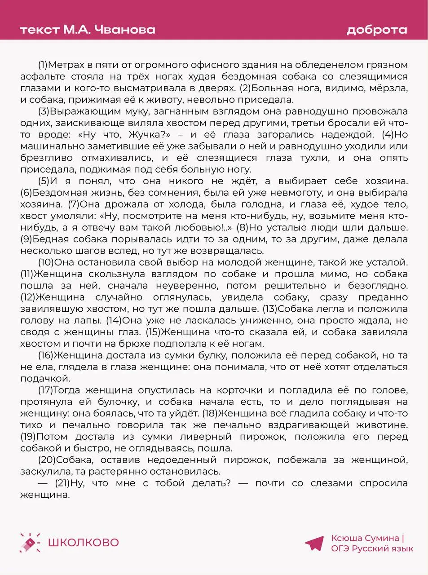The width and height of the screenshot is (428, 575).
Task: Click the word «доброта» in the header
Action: [377, 30]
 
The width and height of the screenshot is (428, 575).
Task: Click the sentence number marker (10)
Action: [46, 262]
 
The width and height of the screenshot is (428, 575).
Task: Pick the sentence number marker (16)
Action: [46, 355]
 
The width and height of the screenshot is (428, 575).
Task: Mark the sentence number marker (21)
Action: [63, 483]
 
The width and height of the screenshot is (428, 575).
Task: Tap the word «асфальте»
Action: [43, 76]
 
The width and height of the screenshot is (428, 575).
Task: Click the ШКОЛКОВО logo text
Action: [83, 542]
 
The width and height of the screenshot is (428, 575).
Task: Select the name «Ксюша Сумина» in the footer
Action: [365, 538]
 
